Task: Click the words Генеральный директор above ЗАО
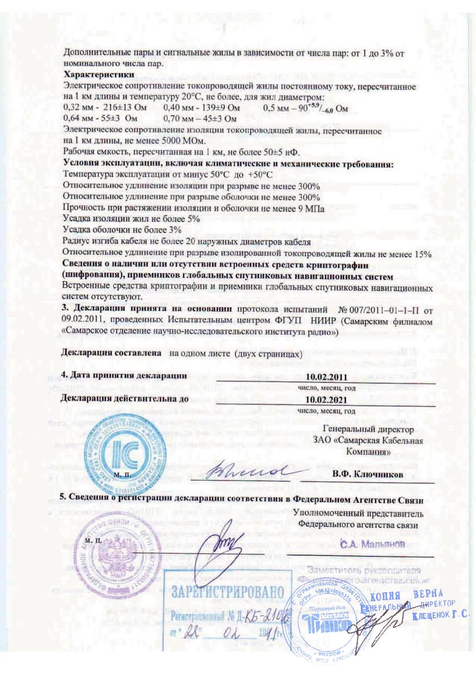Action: (x=368, y=430)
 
